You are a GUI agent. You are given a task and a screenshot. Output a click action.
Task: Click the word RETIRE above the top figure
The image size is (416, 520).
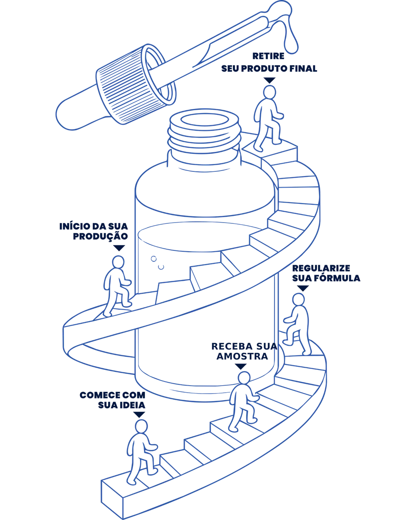pos(268,56)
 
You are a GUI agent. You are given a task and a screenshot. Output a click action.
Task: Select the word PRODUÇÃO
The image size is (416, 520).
pos(100,236)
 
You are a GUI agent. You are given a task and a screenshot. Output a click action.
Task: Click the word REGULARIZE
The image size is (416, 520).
pos(321,268)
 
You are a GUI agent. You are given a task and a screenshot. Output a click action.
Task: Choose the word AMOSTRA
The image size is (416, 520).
pos(242,356)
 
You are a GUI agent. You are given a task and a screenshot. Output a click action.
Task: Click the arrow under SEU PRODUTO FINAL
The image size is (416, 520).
pos(270,80)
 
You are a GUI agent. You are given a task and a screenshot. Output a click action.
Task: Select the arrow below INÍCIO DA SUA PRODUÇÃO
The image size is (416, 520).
pos(119,248)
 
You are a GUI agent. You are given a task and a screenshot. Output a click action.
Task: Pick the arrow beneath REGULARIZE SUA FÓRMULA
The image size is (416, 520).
pos(303,288)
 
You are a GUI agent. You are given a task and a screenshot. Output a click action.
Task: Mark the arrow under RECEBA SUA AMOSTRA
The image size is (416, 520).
pos(241,366)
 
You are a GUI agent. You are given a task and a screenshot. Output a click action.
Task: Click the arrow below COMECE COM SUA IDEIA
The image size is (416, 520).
pos(139,415)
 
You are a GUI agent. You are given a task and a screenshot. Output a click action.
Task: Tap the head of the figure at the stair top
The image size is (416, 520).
pos(270,92)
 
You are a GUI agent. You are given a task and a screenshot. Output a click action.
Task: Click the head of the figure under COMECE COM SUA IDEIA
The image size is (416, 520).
pos(141,426)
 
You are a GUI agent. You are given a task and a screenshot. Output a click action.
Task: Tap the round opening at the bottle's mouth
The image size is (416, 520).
pos(205,120)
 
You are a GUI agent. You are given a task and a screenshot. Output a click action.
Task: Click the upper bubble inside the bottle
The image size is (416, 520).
pos(154,259)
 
